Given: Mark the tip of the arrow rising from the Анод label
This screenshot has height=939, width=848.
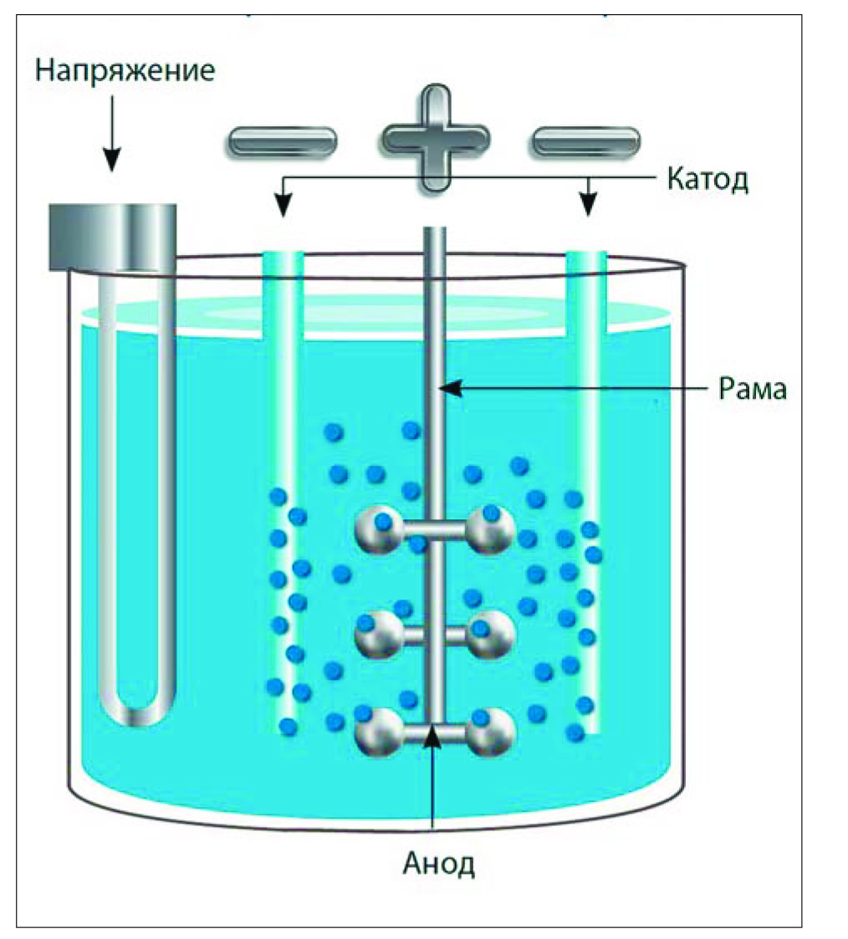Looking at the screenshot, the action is (x=432, y=727).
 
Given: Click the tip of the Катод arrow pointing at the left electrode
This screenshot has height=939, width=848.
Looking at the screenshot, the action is (x=284, y=217).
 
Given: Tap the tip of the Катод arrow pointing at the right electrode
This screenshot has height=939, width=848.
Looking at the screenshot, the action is (x=590, y=216).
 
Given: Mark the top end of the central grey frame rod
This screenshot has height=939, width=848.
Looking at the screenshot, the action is (x=435, y=228).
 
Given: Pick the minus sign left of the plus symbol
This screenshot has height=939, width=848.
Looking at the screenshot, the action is (x=282, y=141).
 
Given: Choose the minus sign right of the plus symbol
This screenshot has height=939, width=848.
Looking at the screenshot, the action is (x=585, y=141).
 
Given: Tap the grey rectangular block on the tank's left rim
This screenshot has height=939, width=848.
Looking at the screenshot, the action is (x=113, y=237).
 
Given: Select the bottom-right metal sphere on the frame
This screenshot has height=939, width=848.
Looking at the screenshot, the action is (x=491, y=732).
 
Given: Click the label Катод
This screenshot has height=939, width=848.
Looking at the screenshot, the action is (x=708, y=180).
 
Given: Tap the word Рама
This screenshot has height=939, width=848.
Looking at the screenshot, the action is (x=753, y=390).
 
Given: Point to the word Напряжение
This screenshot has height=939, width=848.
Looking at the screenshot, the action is (x=125, y=71).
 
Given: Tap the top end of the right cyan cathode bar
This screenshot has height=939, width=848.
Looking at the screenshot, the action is (x=587, y=253).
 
